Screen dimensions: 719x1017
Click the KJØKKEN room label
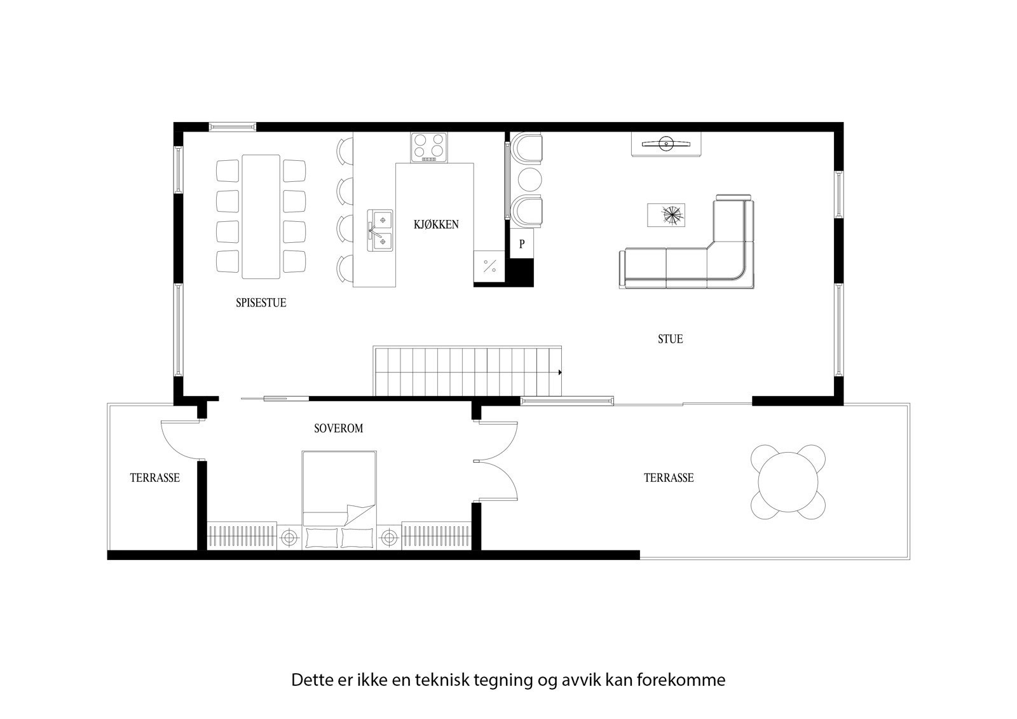coord(436,224)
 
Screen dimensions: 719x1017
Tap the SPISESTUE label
coord(261,303)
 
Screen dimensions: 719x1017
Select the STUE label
coord(670,339)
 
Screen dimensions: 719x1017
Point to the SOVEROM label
coord(338,428)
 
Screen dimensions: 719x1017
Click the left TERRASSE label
coord(154,477)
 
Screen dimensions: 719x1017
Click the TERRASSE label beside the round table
coord(668,477)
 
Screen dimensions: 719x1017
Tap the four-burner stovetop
coord(428,147)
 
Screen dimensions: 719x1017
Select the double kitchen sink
coord(380,228)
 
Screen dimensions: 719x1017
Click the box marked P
coord(522,244)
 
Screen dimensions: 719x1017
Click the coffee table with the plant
coord(666,215)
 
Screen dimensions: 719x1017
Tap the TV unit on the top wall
coord(666,143)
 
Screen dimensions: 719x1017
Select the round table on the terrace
coord(788,482)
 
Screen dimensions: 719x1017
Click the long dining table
coord(261,216)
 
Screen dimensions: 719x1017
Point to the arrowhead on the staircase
coord(559,372)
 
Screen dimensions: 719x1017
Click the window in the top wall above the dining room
coord(233,127)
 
